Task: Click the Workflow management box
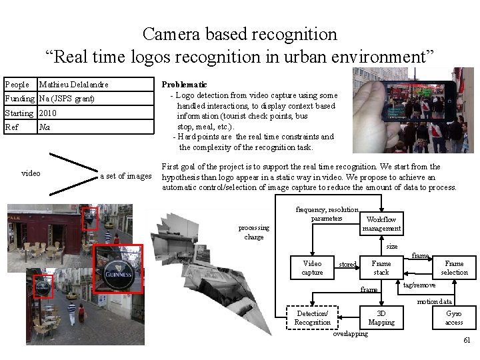coord(381,223)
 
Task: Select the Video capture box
coord(312,268)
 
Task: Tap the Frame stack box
coord(381,268)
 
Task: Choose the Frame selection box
coord(454,268)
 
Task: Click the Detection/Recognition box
coord(312,318)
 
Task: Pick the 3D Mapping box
coord(381,318)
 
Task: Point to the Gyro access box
coord(454,318)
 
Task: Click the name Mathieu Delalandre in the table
coord(74,85)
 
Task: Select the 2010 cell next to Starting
coord(48,113)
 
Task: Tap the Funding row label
coord(19,99)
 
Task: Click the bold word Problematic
coord(185,85)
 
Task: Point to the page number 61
coord(467,341)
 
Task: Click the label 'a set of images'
coord(126,176)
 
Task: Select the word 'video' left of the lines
coord(31,173)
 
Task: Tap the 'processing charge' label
coord(254,232)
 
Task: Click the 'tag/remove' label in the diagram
coord(419,285)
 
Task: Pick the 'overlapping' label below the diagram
coord(350,334)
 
